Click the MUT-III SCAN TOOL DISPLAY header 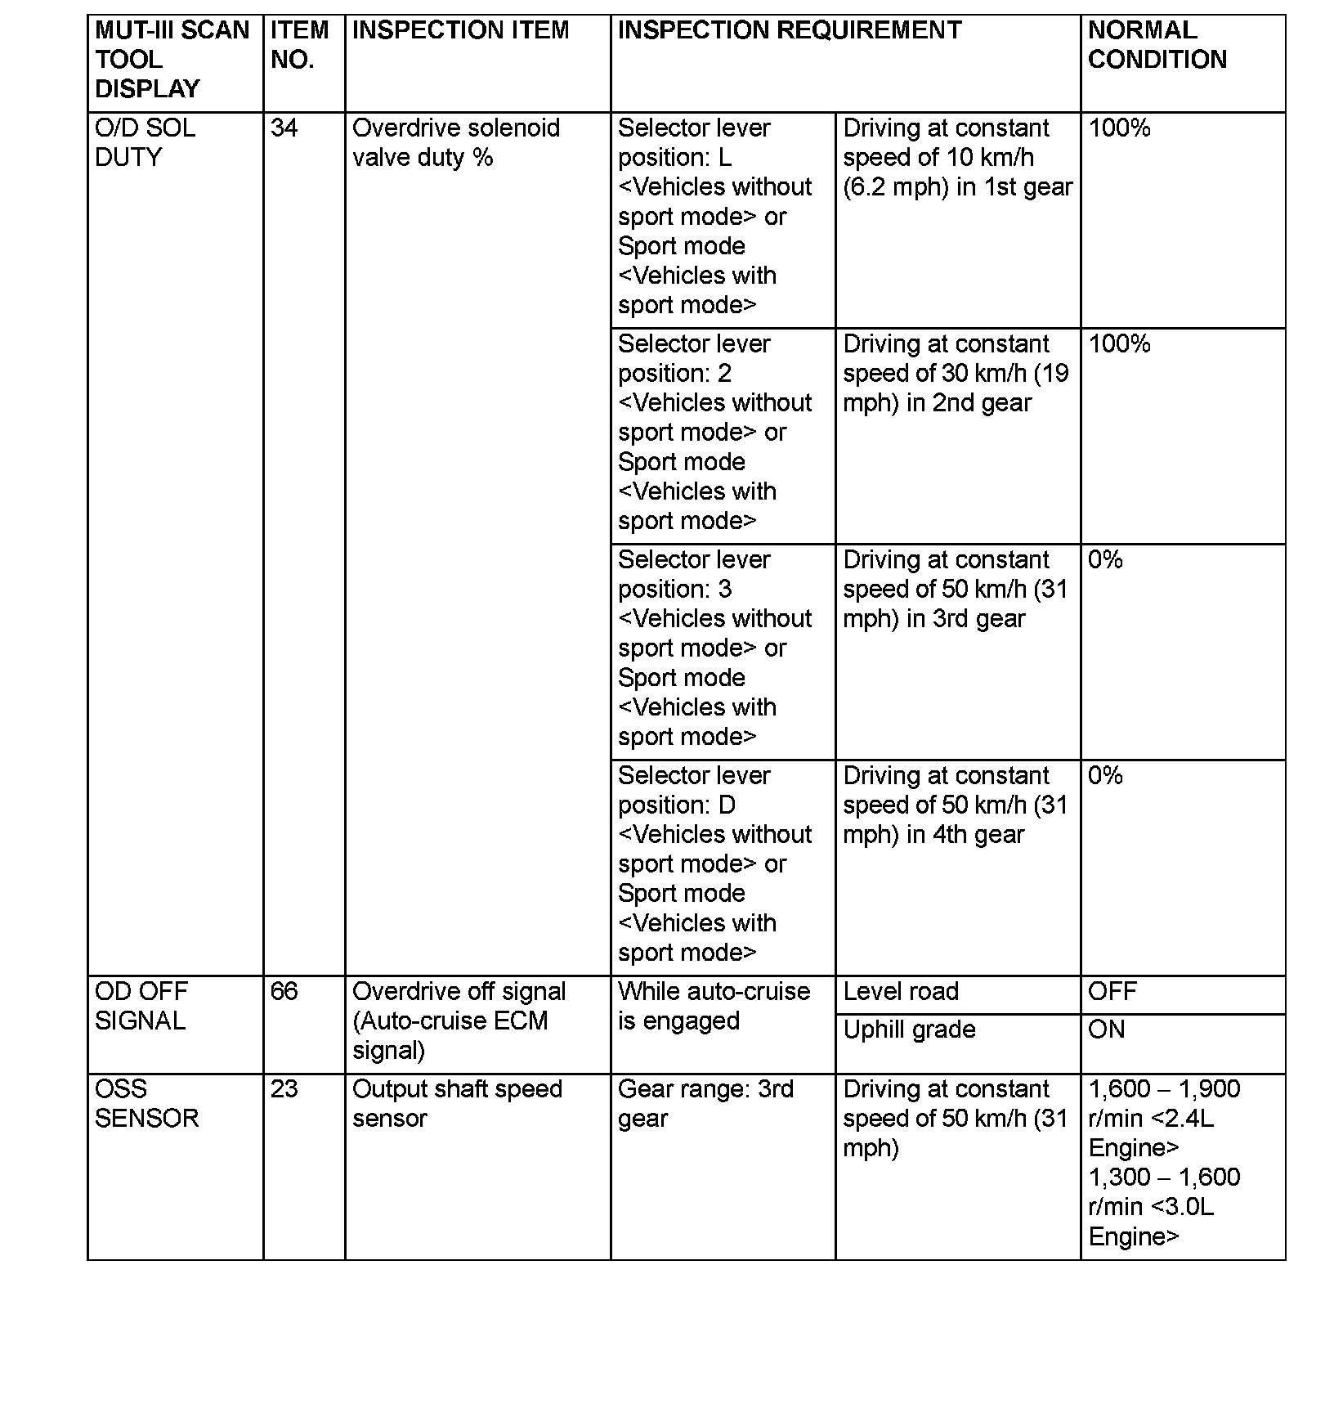(x=172, y=60)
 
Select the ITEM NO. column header (x=299, y=45)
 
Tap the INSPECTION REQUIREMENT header (x=789, y=30)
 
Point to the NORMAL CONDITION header (x=1157, y=45)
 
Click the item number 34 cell (x=284, y=128)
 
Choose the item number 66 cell (x=284, y=992)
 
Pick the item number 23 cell (x=284, y=1089)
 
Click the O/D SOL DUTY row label (x=145, y=143)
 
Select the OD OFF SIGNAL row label (x=141, y=1007)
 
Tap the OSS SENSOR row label (x=147, y=1104)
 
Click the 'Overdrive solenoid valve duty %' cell (x=455, y=143)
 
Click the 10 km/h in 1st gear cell (x=956, y=158)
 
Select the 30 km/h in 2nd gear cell (x=955, y=374)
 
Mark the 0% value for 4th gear (x=1105, y=776)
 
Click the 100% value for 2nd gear (x=1119, y=344)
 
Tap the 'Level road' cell (x=901, y=992)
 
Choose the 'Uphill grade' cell (x=909, y=1029)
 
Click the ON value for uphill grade (x=1107, y=1029)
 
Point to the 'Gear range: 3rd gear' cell (x=705, y=1104)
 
